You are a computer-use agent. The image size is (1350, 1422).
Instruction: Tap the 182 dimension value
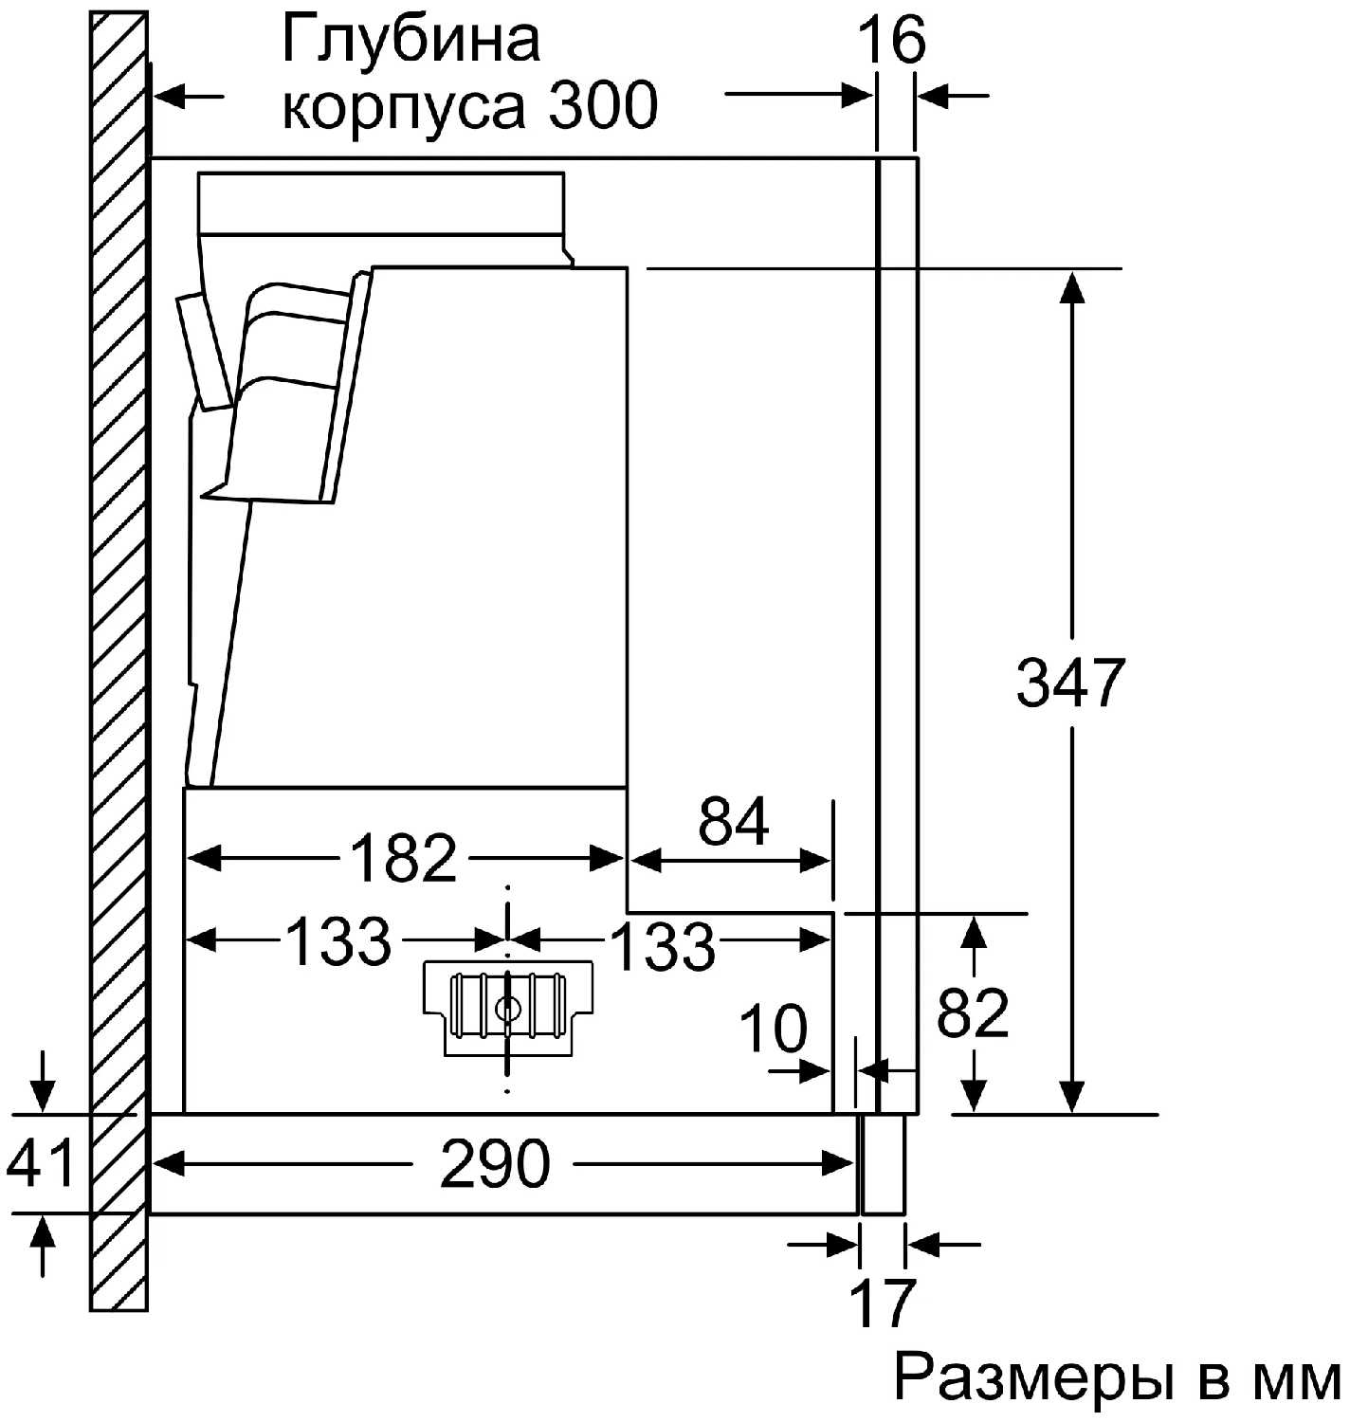point(403,858)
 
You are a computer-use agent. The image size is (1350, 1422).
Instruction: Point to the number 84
point(734,821)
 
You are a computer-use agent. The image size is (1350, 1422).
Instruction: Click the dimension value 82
point(973,1012)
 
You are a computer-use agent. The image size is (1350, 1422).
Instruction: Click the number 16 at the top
point(892,40)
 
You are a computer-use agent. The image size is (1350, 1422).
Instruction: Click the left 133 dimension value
point(338,941)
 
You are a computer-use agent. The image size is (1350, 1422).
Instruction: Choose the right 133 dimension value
point(663,944)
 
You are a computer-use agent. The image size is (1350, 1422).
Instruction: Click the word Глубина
point(410,40)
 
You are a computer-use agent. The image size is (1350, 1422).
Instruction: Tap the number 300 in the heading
point(603,105)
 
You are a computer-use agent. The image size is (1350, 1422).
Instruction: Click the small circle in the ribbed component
point(505,1008)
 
